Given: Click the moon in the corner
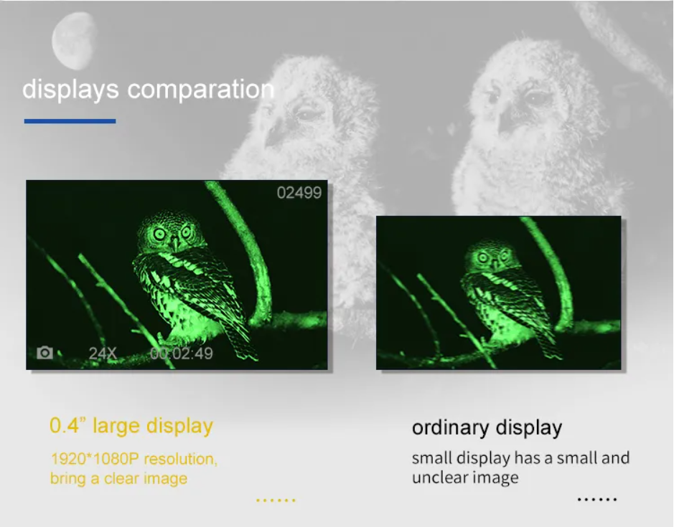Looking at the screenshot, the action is [73, 40].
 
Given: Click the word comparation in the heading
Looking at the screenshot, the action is [201, 90].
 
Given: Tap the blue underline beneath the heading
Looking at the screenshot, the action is [70, 121].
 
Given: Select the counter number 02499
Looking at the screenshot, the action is [299, 193].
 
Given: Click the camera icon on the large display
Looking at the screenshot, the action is [45, 353].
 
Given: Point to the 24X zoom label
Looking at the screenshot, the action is [103, 353].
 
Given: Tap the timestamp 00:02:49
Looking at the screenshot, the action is [182, 353].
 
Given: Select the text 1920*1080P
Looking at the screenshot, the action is [95, 459].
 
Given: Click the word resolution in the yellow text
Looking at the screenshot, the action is [181, 459].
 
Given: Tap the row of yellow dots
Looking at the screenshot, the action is [276, 500].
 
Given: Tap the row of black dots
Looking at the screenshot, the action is [597, 499].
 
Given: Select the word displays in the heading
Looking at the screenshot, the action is [70, 90].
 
